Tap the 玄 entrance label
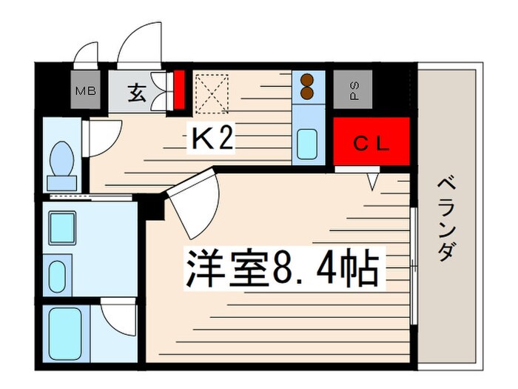pyautogui.click(x=138, y=93)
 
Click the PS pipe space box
pyautogui.click(x=354, y=91)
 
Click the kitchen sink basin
pyautogui.click(x=306, y=144)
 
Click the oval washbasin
pyautogui.click(x=58, y=275)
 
